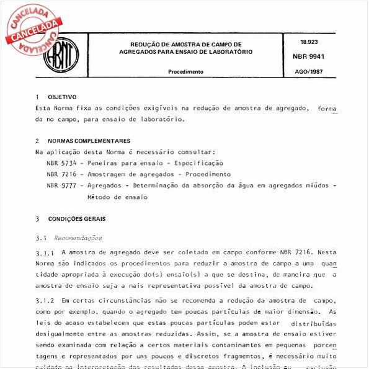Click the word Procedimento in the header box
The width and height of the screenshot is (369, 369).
point(185,72)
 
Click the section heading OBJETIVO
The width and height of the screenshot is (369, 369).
point(62,97)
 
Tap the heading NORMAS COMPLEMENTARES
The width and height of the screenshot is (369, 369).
point(89,141)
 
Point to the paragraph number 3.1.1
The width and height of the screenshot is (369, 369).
point(45,253)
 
